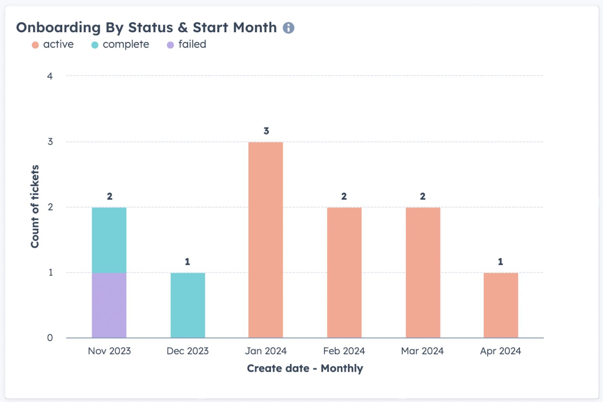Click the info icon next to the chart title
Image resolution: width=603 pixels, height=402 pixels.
(288, 28)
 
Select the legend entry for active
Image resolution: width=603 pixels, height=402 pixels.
(53, 45)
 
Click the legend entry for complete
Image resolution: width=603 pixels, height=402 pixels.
(120, 45)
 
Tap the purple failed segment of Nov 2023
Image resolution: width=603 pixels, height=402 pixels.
(109, 305)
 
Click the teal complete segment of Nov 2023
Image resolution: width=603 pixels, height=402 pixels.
(109, 240)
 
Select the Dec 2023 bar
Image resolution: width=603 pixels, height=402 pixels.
(188, 305)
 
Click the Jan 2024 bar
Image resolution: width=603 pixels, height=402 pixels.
(266, 240)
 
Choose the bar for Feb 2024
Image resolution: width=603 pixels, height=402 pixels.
(344, 273)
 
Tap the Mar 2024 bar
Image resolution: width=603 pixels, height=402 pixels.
(423, 273)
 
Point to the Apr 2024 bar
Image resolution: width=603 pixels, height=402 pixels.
(501, 305)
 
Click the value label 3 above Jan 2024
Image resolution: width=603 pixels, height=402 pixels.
(266, 131)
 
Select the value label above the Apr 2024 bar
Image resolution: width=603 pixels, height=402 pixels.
(501, 262)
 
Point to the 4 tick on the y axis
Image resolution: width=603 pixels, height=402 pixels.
(50, 76)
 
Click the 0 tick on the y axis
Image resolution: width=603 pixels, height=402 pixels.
(50, 338)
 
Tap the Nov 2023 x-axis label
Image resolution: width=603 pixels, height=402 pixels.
(109, 351)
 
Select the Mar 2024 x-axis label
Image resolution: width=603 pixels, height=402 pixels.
(423, 351)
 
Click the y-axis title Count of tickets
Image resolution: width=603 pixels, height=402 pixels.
(35, 206)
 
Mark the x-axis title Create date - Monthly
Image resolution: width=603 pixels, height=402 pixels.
(305, 368)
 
